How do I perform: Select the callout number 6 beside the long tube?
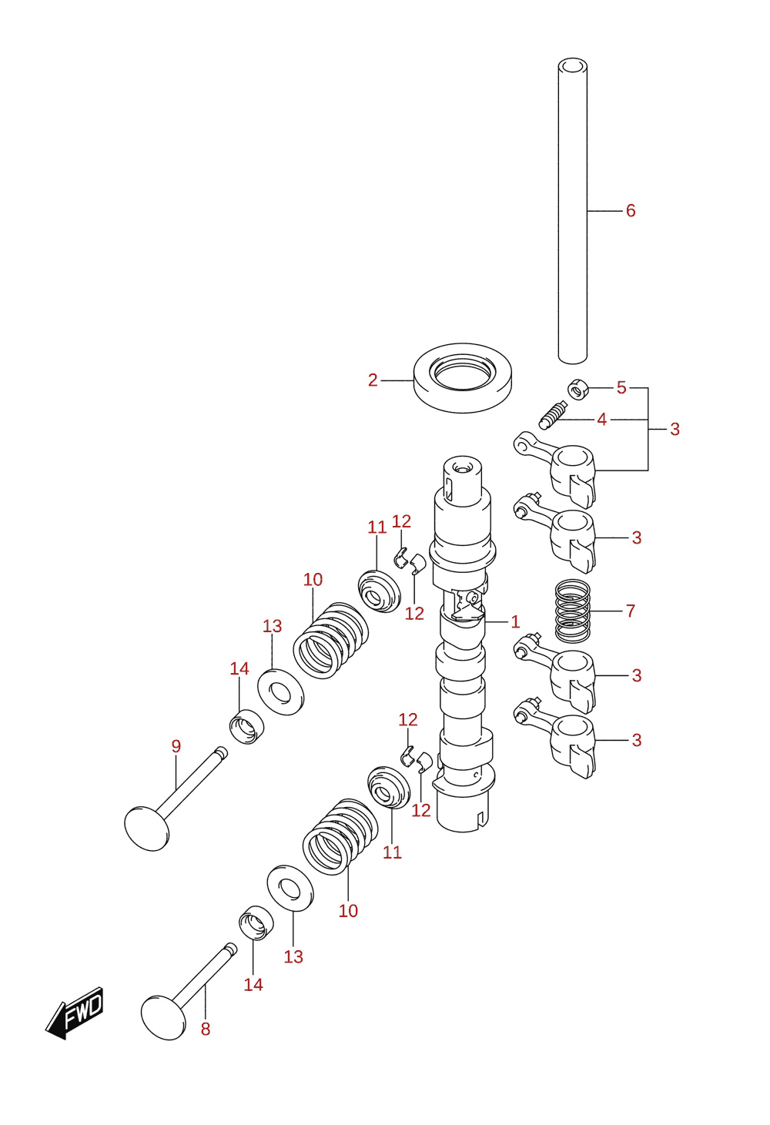tap(631, 210)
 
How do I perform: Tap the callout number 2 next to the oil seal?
tap(372, 380)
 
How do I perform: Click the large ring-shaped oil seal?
tap(463, 377)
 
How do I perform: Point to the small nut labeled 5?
tap(578, 390)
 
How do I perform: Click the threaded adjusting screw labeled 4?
tap(553, 415)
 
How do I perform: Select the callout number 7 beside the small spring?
tap(631, 611)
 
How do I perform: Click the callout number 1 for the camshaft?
tap(515, 622)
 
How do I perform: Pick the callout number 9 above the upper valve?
tap(176, 746)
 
